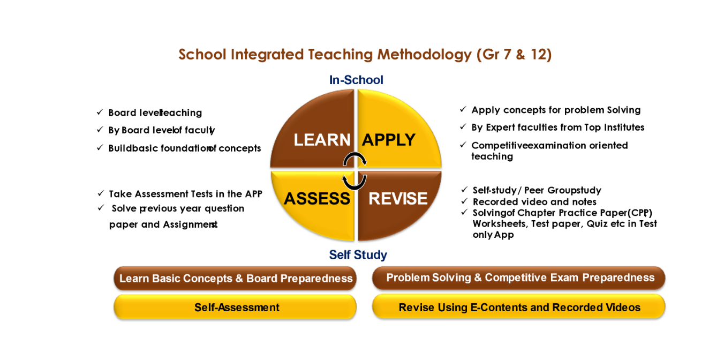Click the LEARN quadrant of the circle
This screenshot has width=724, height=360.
(x=316, y=134)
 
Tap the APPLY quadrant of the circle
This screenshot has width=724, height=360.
(x=394, y=134)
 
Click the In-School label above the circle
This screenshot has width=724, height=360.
(x=356, y=80)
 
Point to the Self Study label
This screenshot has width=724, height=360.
(x=358, y=255)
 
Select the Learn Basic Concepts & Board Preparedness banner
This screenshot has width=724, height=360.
(x=235, y=279)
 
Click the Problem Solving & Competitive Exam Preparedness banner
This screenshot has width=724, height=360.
(x=519, y=278)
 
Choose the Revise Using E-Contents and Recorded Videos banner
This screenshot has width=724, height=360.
(x=519, y=307)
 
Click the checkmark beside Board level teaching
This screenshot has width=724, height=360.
(x=100, y=112)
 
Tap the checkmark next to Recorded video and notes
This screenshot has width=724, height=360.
(x=464, y=201)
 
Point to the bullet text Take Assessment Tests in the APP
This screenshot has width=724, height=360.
(x=185, y=194)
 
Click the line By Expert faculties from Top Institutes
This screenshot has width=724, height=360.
(x=557, y=127)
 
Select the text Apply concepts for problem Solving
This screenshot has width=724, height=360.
(x=556, y=110)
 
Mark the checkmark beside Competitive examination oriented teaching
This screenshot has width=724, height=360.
(x=463, y=145)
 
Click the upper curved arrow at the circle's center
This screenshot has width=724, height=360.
(x=355, y=159)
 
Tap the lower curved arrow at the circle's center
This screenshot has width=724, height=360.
(x=353, y=182)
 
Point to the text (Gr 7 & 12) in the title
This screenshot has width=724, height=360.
(x=514, y=55)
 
